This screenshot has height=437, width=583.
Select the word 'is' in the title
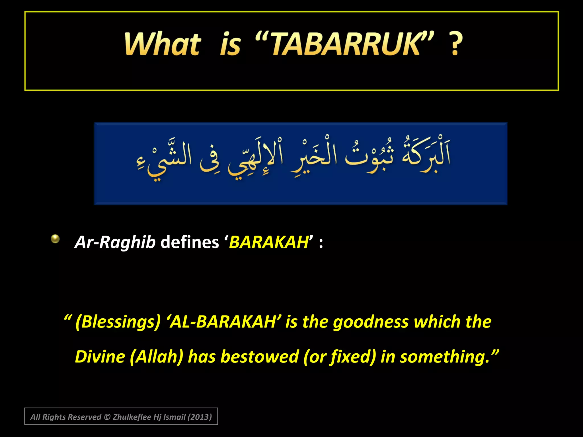(x=231, y=45)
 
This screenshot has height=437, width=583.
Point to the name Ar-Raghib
(x=115, y=242)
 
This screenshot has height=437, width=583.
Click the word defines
(x=190, y=242)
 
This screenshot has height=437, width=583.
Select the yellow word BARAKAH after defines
(x=269, y=242)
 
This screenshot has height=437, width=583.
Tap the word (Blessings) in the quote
(x=118, y=322)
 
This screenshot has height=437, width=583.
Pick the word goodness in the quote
(x=371, y=322)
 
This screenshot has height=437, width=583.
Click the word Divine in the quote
(x=100, y=357)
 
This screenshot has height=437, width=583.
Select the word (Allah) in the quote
(x=156, y=357)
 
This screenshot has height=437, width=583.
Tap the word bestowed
(x=260, y=357)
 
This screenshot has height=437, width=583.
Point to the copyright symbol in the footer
(x=107, y=417)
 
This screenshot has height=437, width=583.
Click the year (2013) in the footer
(x=200, y=417)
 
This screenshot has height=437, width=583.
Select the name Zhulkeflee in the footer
(x=132, y=417)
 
